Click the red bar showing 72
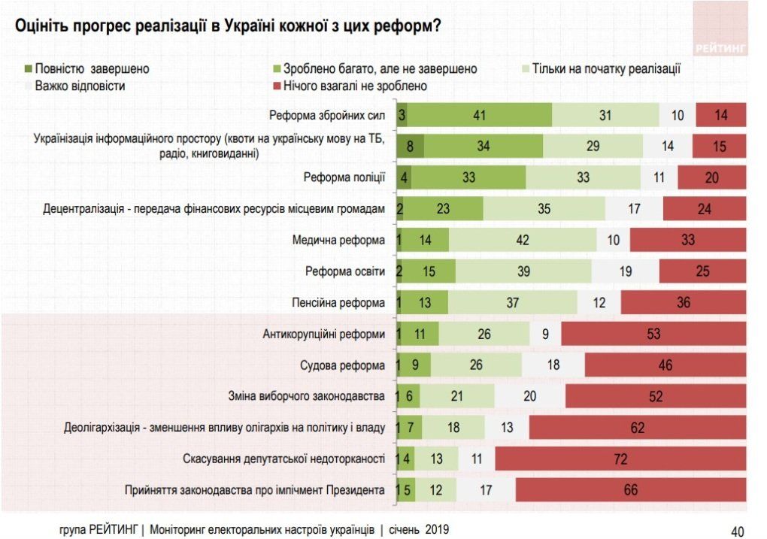pyautogui.click(x=620, y=459)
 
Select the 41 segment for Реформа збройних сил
pyautogui.click(x=480, y=115)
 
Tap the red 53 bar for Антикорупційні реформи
pyautogui.click(x=653, y=334)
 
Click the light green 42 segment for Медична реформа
pyautogui.click(x=523, y=240)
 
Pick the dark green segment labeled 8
pyautogui.click(x=411, y=147)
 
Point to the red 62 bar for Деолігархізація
pyautogui.click(x=638, y=428)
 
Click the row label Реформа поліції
pyautogui.click(x=344, y=177)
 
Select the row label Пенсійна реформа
pyautogui.click(x=338, y=303)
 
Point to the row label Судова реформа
pyautogui.click(x=344, y=365)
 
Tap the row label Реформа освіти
pyautogui.click(x=345, y=271)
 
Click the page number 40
pyautogui.click(x=737, y=530)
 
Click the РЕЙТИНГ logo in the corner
pyautogui.click(x=720, y=47)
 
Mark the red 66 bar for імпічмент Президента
pyautogui.click(x=631, y=490)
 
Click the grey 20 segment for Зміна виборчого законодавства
pyautogui.click(x=530, y=396)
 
